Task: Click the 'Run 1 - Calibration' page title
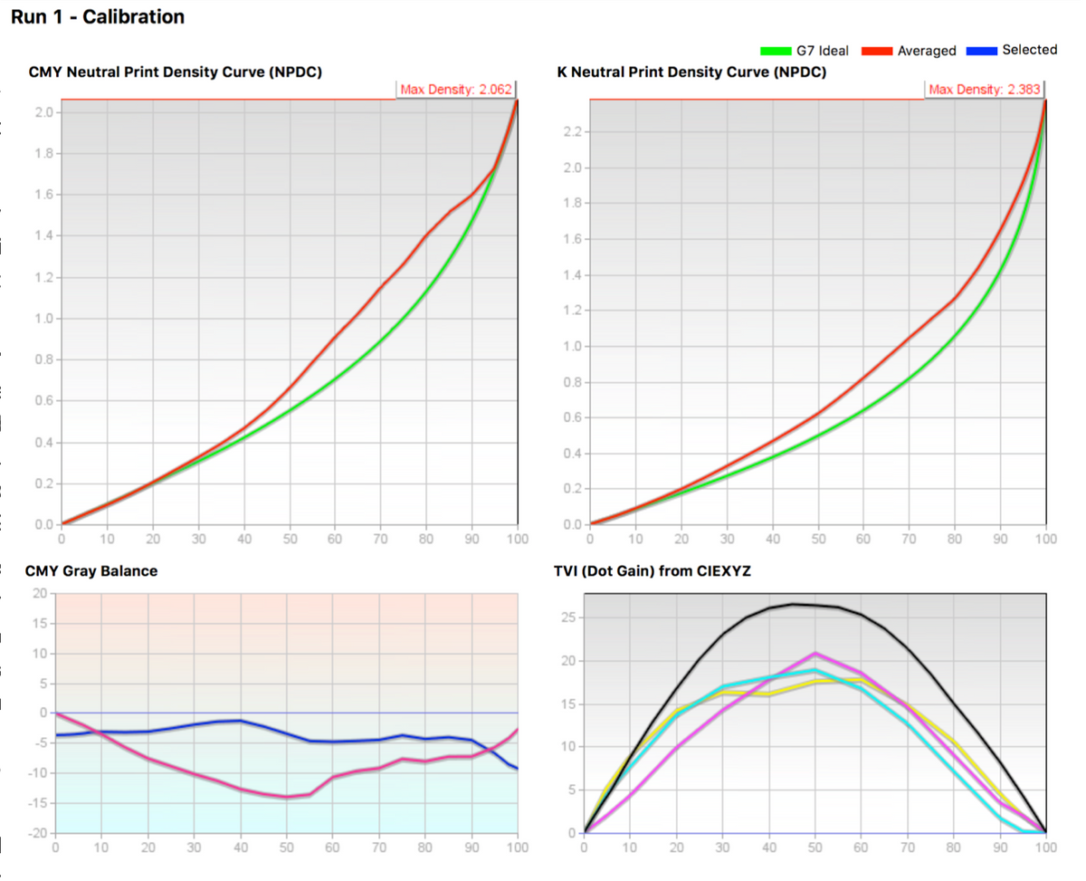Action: [x=98, y=17]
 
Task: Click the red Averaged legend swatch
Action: [x=877, y=51]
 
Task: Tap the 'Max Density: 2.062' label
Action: [x=456, y=89]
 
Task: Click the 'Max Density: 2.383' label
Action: [x=986, y=89]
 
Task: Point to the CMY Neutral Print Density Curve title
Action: [x=175, y=72]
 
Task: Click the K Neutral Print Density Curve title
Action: [x=691, y=72]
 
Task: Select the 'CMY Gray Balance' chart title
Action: [x=91, y=571]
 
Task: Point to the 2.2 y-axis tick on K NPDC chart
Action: [x=573, y=133]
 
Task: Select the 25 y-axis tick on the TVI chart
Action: [x=568, y=618]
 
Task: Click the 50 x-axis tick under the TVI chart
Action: [x=814, y=847]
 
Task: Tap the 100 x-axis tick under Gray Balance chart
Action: [x=517, y=847]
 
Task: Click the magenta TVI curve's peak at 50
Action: [x=815, y=653]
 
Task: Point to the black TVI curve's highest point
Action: [x=793, y=604]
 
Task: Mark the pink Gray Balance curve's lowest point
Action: [x=287, y=797]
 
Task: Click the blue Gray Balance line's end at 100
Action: [x=517, y=768]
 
